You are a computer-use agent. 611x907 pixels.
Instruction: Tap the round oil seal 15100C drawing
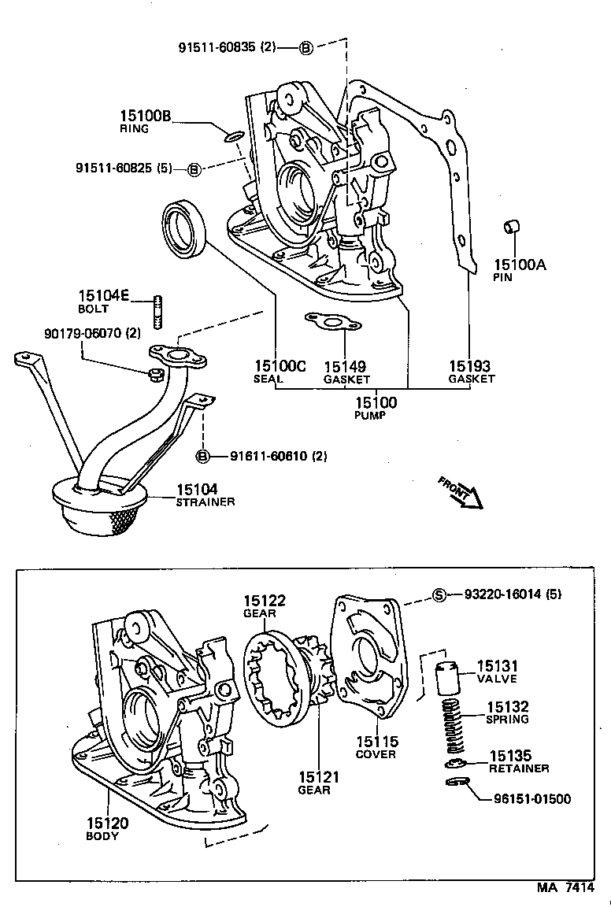pos(186,229)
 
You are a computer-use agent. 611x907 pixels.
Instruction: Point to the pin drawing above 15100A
pos(511,228)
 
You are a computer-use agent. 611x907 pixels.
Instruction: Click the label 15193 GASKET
pos(471,372)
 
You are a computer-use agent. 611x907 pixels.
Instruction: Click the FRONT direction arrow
pos(461,494)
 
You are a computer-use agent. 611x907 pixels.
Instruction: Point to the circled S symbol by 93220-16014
pos(440,595)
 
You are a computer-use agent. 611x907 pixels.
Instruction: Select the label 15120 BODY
pos(107,828)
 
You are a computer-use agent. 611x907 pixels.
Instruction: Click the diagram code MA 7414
pos(565,887)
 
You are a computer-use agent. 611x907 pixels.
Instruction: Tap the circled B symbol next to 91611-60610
pos(202,457)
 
